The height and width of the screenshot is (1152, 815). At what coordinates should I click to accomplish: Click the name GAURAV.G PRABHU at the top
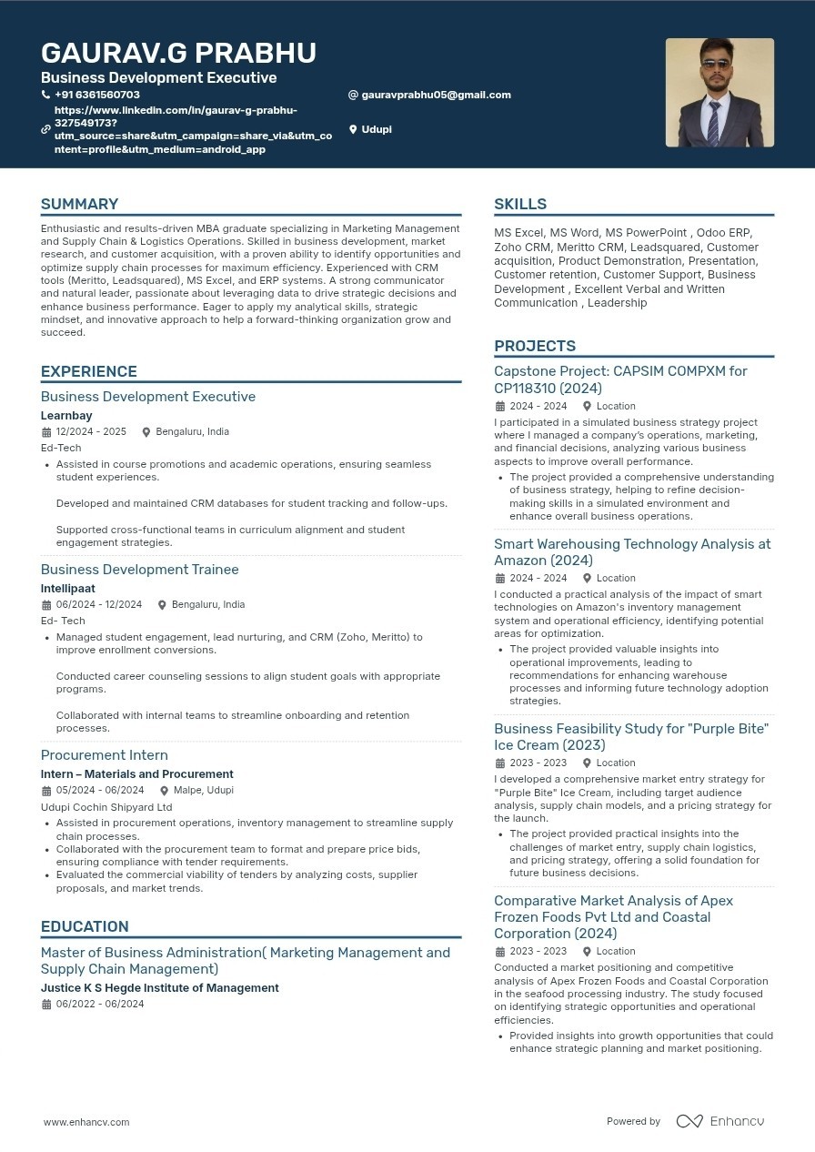[x=178, y=54]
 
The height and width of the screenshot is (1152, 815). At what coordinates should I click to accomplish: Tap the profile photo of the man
[x=719, y=93]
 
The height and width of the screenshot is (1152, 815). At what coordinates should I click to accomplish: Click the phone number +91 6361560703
[x=96, y=95]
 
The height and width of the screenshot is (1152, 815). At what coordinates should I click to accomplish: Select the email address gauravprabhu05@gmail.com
[x=436, y=95]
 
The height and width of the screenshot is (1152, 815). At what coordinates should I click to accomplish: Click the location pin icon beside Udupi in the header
[x=353, y=129]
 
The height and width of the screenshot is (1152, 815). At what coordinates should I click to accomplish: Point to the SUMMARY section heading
[x=79, y=204]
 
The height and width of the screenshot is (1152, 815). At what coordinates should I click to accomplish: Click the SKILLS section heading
[x=520, y=204]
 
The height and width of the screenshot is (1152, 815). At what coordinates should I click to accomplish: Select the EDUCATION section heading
[x=85, y=926]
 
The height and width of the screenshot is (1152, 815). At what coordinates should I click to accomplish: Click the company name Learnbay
[x=66, y=416]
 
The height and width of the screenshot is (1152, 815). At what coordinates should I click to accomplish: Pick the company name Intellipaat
[x=68, y=589]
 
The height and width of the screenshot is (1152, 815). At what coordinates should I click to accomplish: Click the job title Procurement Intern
[x=105, y=755]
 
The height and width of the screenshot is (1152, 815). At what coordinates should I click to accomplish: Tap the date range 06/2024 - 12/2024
[x=99, y=604]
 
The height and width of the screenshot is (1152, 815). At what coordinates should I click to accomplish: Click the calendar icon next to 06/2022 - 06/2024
[x=46, y=1005]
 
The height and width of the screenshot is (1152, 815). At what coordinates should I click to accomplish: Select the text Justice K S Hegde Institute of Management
[x=160, y=988]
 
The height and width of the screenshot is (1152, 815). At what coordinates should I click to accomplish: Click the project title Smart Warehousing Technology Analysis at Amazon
[x=632, y=552]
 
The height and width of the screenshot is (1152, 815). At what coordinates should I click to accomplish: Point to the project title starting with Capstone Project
[x=620, y=379]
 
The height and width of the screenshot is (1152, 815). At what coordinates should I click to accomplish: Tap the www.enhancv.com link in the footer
[x=86, y=1122]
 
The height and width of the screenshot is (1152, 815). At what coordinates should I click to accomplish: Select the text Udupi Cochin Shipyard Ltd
[x=106, y=807]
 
